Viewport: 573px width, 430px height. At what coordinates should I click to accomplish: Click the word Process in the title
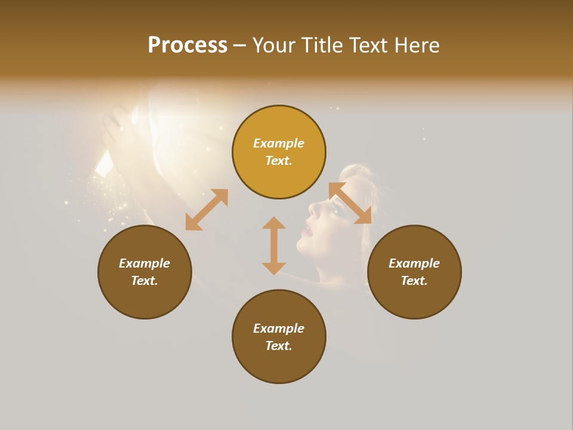pos(187,45)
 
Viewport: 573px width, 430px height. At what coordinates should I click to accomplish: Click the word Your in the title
pos(273,45)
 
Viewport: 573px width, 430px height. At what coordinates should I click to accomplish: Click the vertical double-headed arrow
pos(274,245)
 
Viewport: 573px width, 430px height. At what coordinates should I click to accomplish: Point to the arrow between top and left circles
pos(207,210)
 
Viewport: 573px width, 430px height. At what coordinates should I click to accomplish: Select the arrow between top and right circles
pos(350,203)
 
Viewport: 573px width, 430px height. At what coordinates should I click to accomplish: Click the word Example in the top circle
pos(279,143)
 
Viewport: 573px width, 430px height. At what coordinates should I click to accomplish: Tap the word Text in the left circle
pos(144,281)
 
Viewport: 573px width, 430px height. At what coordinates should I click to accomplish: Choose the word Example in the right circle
pos(414,263)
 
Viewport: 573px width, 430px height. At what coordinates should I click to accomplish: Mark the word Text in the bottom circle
pos(279,346)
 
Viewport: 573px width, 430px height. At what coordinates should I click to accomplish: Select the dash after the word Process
pos(240,45)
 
